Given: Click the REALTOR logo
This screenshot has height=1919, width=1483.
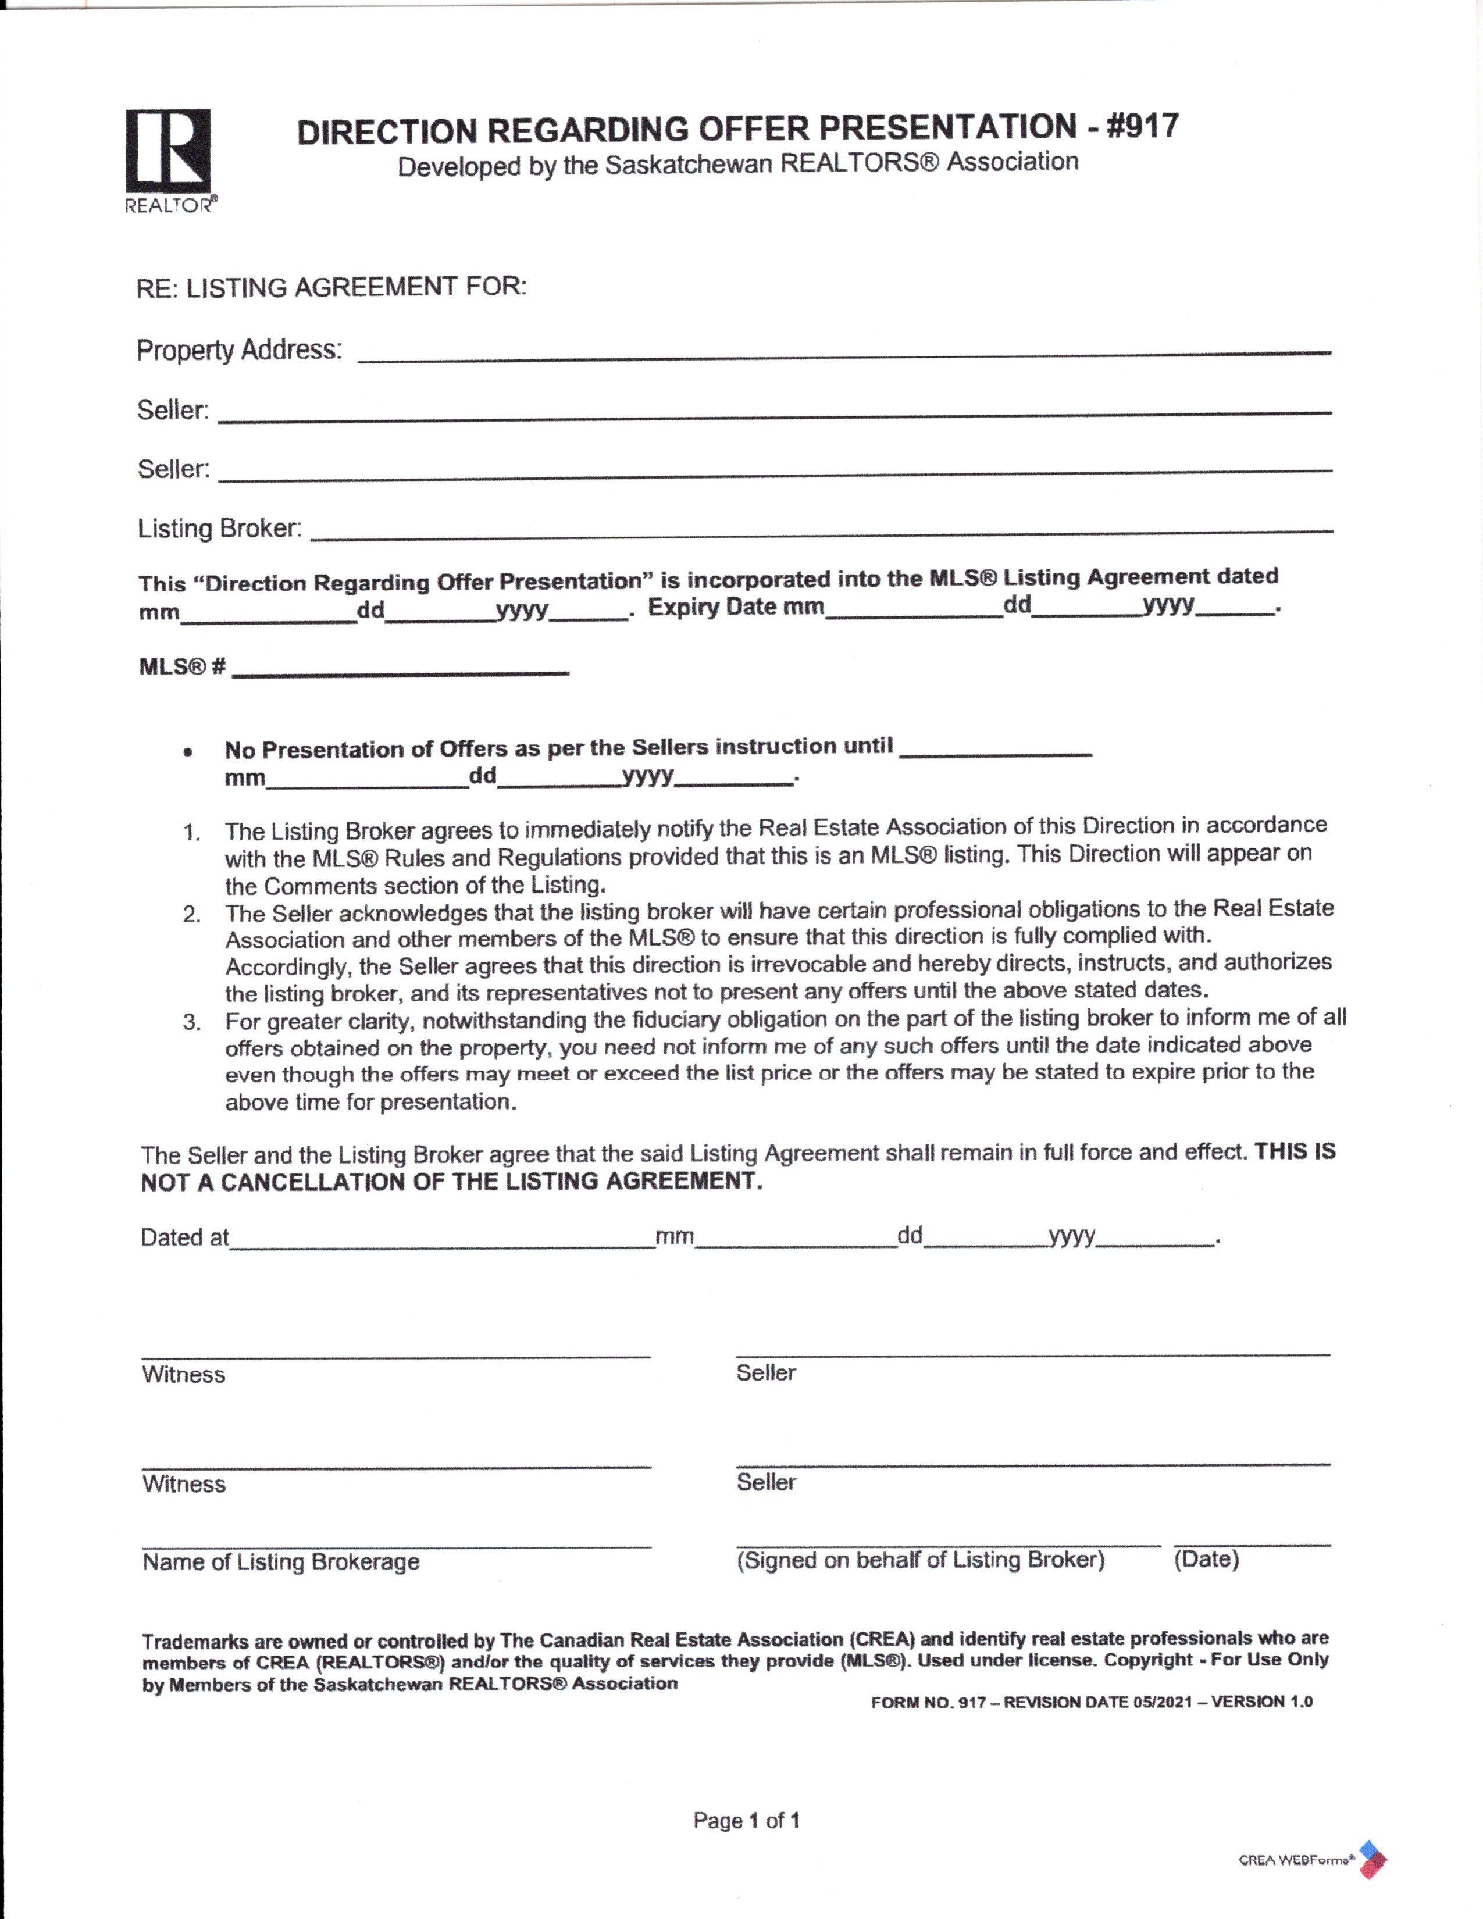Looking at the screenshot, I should [169, 159].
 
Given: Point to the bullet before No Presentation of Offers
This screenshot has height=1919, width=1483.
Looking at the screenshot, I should [187, 752].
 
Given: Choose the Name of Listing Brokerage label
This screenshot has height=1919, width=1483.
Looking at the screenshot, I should [281, 1561].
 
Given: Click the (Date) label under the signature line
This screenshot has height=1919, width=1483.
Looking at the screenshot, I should [1206, 1560].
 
